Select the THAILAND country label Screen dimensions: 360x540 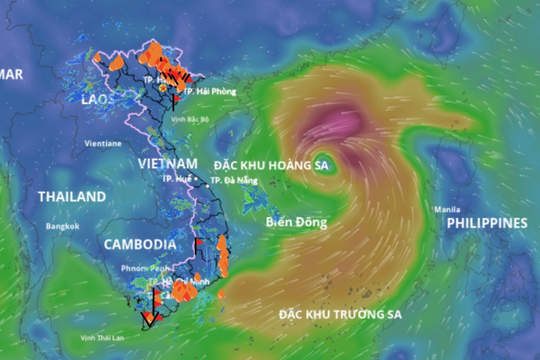(71, 197)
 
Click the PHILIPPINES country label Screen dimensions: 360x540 (486, 222)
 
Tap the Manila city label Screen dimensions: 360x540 (447, 209)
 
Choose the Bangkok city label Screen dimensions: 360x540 (62, 227)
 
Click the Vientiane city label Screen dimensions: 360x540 (103, 143)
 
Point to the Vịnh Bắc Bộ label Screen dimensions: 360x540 (192, 118)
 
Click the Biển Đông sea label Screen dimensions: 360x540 (296, 223)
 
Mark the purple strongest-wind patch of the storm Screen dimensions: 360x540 (341, 125)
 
